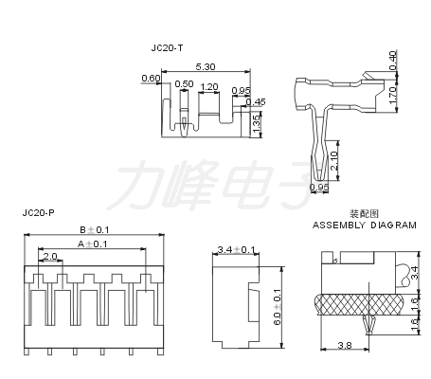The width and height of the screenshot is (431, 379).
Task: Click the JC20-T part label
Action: (x=167, y=48)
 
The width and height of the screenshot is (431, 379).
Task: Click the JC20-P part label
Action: (x=38, y=213)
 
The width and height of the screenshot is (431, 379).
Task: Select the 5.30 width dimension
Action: (x=206, y=66)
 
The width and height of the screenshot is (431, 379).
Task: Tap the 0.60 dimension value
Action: (x=151, y=78)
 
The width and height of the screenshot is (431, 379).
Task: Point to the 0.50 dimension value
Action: (x=184, y=84)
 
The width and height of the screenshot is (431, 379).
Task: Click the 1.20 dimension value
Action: (x=209, y=86)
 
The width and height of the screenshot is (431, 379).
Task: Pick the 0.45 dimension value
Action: (x=256, y=101)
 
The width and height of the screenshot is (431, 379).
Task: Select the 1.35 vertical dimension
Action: (x=256, y=124)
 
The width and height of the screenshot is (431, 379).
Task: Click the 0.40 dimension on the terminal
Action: (x=392, y=61)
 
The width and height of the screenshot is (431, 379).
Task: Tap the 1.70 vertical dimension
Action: (x=392, y=96)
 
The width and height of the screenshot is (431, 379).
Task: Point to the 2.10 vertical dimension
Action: (x=334, y=161)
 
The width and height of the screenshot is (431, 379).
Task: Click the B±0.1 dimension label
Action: (x=94, y=229)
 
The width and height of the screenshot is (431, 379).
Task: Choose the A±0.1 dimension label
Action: (x=93, y=244)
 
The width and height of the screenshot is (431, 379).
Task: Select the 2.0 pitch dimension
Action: (x=50, y=256)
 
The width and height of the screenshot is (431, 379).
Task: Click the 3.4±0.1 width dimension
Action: (x=236, y=250)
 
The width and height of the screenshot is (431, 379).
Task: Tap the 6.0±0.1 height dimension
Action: (x=278, y=307)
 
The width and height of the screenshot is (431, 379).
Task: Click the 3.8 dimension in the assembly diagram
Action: (x=345, y=345)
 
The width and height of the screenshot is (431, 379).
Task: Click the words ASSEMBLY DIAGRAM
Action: (x=365, y=226)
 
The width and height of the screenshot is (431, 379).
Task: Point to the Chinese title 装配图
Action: (x=364, y=214)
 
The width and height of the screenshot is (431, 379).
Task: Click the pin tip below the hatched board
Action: (x=368, y=333)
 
